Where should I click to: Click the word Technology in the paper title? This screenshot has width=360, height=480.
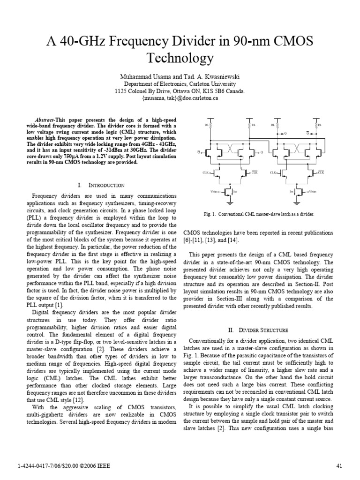180,58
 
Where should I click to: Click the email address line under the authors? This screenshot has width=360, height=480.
180,98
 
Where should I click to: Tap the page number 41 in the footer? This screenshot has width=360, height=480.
341,465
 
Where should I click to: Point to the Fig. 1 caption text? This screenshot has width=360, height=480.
259,214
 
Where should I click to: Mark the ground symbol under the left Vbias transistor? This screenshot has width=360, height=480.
230,203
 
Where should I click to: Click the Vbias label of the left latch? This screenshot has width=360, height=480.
214,192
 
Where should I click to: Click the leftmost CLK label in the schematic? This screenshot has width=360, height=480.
205,173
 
